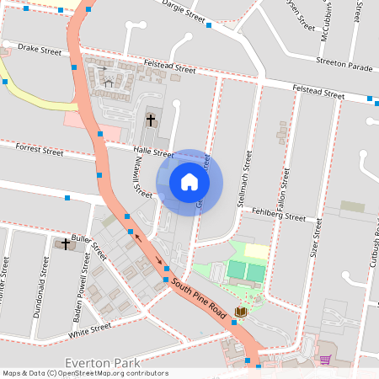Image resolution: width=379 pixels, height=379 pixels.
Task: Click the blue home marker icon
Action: click(189, 182)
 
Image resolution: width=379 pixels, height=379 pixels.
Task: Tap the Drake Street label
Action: click(40, 51)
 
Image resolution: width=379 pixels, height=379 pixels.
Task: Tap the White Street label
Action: click(90, 328)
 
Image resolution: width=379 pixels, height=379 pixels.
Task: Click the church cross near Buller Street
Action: click(66, 243)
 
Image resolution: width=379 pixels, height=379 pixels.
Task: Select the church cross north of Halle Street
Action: click(151, 120)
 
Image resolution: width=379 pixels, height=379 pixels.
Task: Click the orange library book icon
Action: click(242, 312)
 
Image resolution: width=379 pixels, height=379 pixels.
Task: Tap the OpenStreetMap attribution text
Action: click(85, 373)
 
